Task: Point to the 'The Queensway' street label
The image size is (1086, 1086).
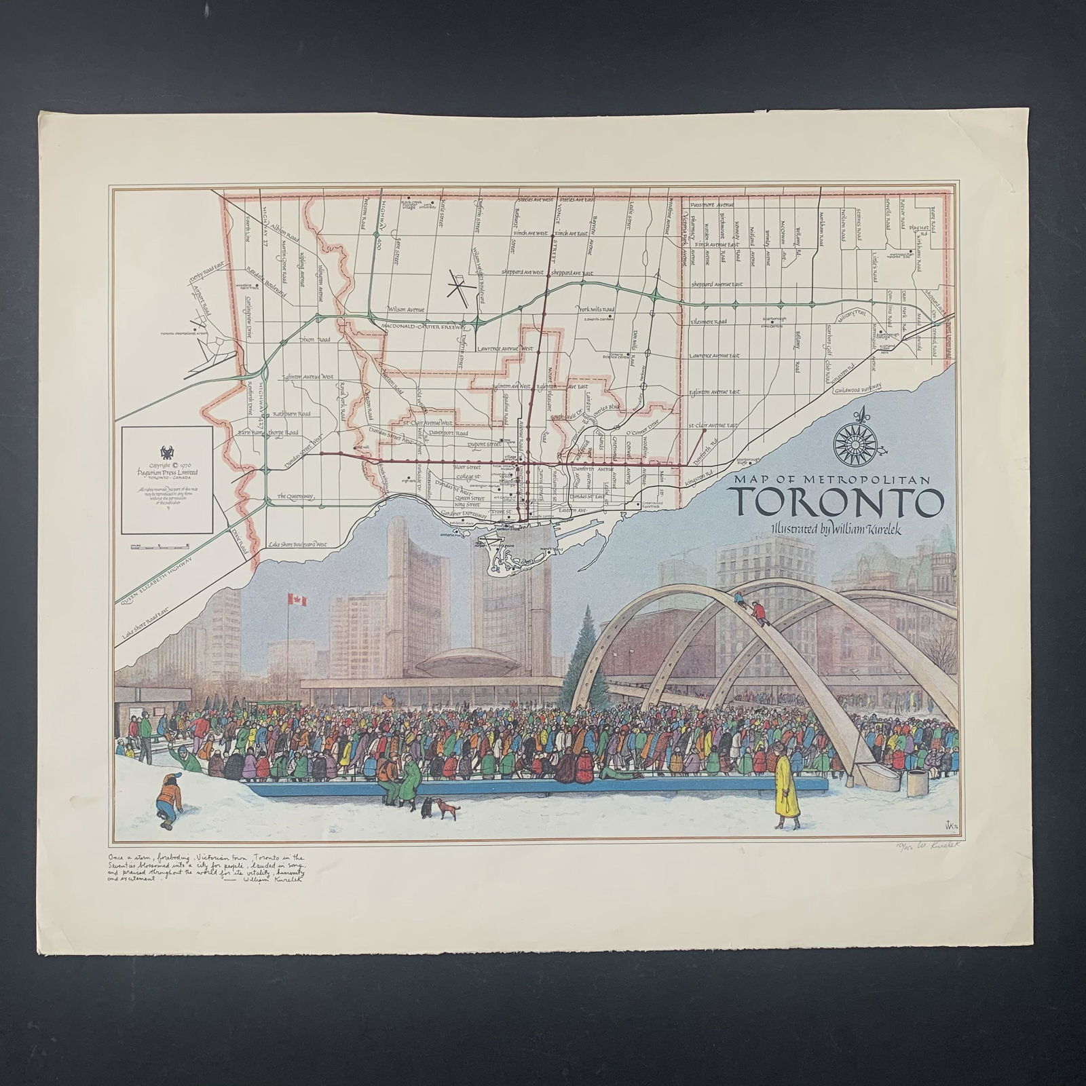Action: point(295,498)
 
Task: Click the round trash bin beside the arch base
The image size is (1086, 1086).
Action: point(918,783)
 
